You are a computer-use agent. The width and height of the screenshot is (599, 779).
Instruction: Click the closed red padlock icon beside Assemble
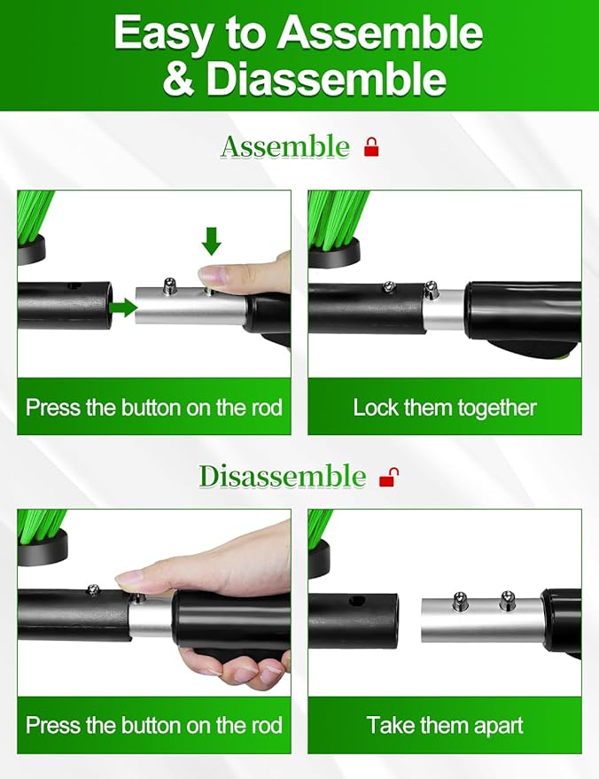click(371, 147)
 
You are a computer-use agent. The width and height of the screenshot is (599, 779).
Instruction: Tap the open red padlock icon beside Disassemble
click(389, 477)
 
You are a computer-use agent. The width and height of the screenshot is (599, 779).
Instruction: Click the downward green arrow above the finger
click(212, 241)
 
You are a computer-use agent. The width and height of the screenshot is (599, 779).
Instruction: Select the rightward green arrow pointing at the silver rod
click(123, 308)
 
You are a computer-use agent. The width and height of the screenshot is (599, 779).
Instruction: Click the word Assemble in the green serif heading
click(285, 147)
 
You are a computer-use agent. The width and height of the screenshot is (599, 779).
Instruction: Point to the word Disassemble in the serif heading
click(283, 477)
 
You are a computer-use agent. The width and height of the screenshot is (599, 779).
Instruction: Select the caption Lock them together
click(445, 408)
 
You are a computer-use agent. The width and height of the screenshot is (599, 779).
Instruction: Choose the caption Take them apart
click(445, 725)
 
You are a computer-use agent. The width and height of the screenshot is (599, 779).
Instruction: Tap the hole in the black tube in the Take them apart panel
click(355, 601)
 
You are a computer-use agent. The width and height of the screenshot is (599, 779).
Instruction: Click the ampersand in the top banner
click(178, 79)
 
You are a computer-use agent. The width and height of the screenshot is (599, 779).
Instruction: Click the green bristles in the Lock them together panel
click(337, 219)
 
